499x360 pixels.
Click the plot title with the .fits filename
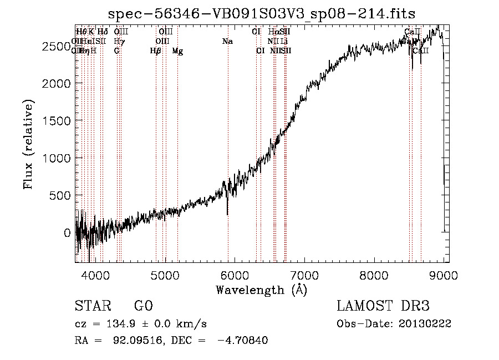pos(262,13)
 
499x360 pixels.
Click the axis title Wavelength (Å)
pos(262,290)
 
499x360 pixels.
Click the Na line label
pos(227,41)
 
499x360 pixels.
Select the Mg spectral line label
pos(177,51)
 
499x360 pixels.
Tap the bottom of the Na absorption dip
pos(228,214)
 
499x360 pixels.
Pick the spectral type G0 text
pos(143,306)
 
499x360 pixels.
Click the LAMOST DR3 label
pos(383,306)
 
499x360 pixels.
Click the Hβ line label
pos(156,51)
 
